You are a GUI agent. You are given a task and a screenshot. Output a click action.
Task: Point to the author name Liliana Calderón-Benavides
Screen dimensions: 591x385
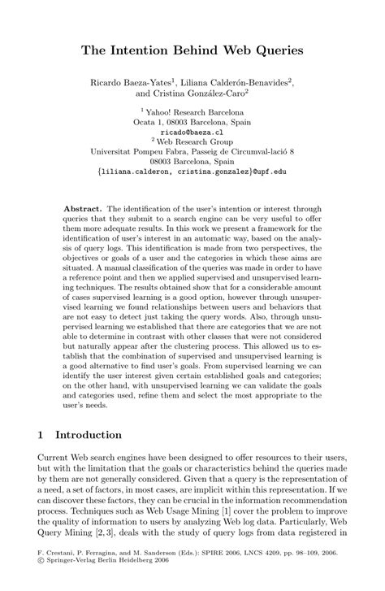click(252, 82)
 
